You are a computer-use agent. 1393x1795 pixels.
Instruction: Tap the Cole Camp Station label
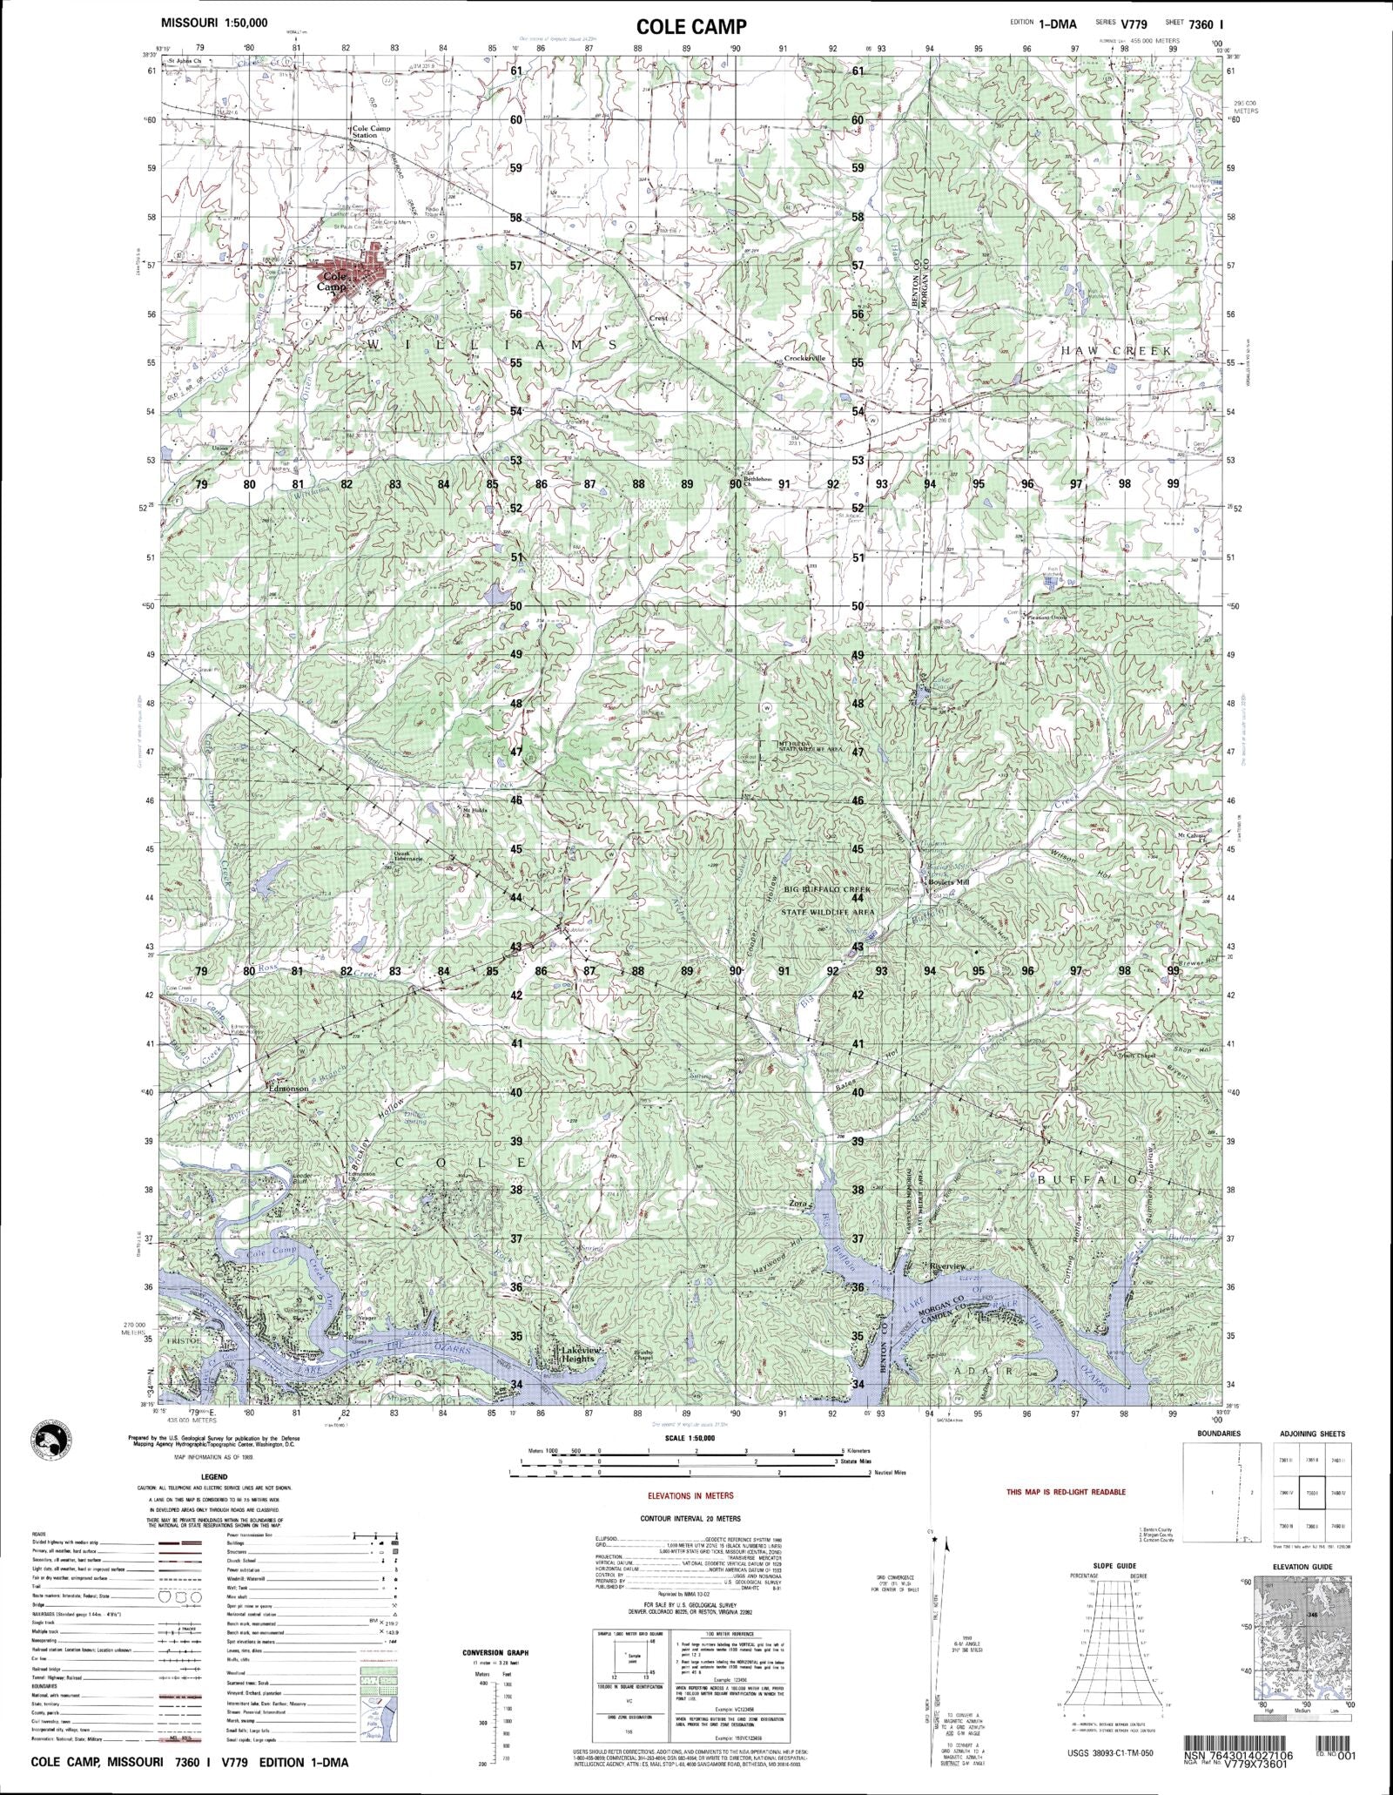(x=372, y=132)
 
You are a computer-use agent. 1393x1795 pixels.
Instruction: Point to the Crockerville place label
(x=804, y=358)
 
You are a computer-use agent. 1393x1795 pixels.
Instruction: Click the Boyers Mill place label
(x=948, y=882)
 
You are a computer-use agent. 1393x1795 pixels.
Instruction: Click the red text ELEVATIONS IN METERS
(x=696, y=1495)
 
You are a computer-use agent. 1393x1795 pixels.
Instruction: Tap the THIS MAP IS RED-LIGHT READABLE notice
(x=1066, y=1492)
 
